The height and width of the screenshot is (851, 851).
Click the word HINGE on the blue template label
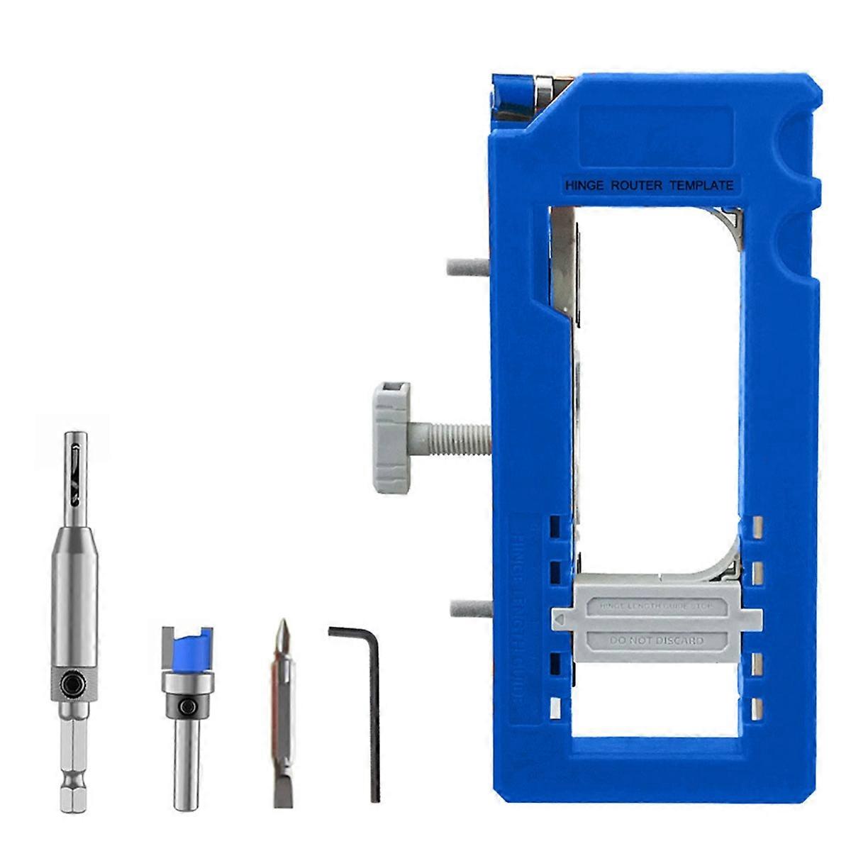[582, 186]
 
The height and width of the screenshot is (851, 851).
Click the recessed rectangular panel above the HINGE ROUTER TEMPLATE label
[656, 135]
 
